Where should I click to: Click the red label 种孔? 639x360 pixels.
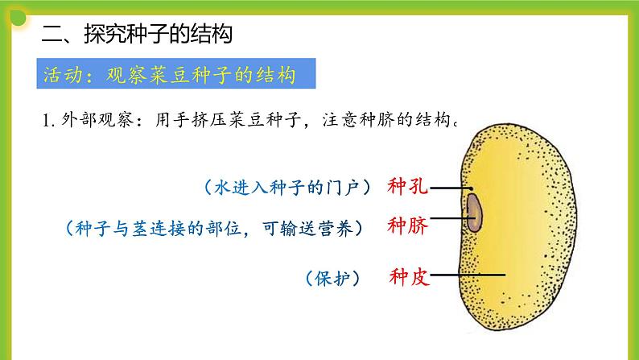(x=408, y=187)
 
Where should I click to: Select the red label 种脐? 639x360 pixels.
(x=408, y=225)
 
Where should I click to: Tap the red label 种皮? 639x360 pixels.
(x=408, y=278)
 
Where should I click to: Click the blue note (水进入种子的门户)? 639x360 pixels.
(x=287, y=188)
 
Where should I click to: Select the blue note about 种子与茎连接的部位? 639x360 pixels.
(x=214, y=229)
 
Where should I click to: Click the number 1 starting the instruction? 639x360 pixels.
(x=45, y=122)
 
